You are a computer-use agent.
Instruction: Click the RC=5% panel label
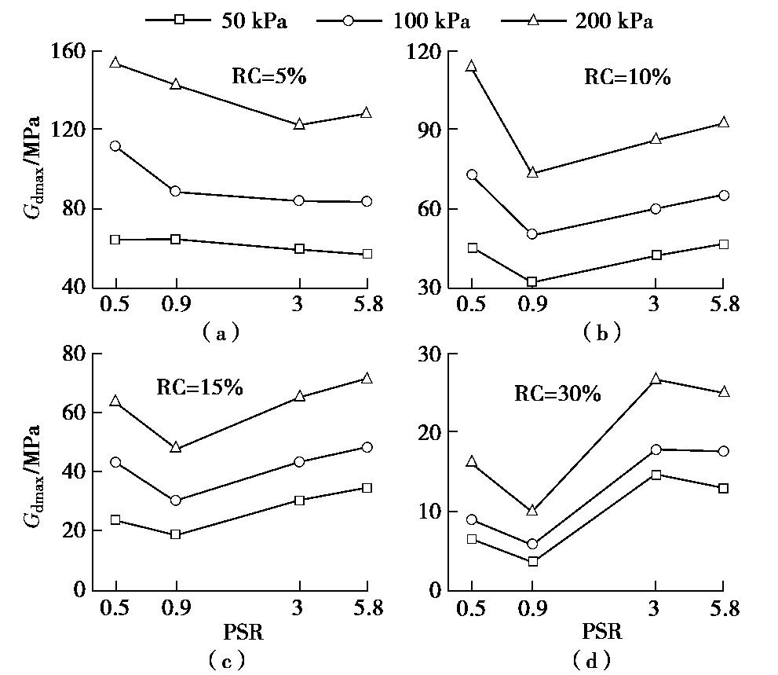[x=268, y=76]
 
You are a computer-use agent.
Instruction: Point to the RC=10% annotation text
[x=626, y=77]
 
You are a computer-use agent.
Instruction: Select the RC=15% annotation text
[x=199, y=387]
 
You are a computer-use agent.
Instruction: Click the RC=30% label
[x=557, y=394]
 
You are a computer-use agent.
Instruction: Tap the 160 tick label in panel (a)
[x=68, y=51]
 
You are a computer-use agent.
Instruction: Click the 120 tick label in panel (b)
[x=424, y=51]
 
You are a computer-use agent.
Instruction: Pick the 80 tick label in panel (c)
[x=74, y=354]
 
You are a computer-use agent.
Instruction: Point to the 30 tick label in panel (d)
[x=430, y=354]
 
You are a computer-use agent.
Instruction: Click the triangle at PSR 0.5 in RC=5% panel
[x=115, y=63]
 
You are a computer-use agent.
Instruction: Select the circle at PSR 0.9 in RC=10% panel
[x=532, y=234]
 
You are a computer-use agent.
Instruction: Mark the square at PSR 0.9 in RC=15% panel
[x=176, y=534]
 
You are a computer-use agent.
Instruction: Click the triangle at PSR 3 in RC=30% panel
[x=656, y=380]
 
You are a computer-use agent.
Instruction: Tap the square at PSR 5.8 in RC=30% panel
[x=723, y=488]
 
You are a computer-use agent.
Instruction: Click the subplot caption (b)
[x=602, y=332]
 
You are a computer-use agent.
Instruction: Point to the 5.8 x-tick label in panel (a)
[x=366, y=304]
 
